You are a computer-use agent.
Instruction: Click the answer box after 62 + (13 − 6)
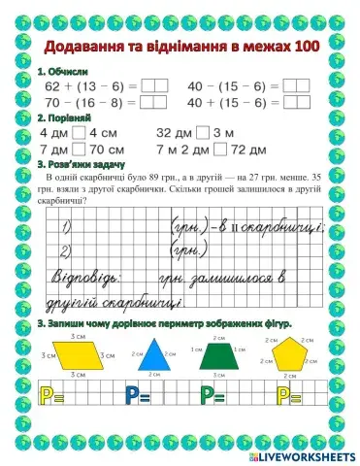pos(154,85)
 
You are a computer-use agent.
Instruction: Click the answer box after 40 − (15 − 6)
pos(296,85)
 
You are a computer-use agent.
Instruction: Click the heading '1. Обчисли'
pos(62,71)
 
